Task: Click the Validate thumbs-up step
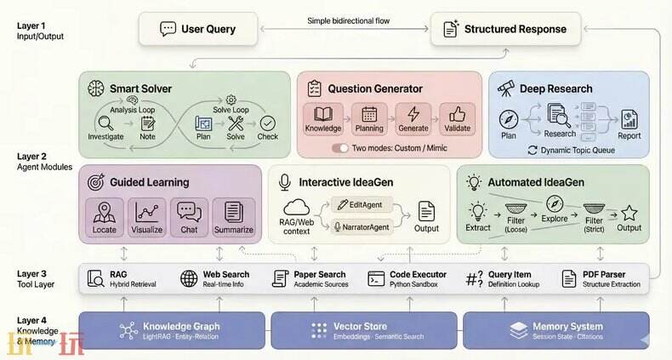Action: click(457, 118)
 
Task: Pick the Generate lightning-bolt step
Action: click(413, 118)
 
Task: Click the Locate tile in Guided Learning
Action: click(105, 217)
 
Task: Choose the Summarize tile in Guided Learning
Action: click(233, 217)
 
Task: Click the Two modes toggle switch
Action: click(340, 147)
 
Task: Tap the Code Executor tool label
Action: click(418, 274)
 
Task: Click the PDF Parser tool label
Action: click(604, 274)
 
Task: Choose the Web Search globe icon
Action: click(189, 278)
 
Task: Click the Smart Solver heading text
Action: click(140, 88)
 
